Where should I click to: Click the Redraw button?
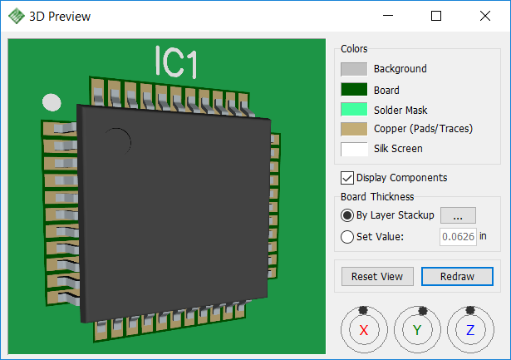pos(457,277)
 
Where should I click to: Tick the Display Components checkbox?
pos(347,178)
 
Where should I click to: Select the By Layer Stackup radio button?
pos(347,215)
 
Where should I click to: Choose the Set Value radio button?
pos(347,237)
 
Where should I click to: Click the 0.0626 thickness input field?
pos(458,236)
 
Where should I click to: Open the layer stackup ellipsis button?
pos(458,215)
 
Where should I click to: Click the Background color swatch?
pos(354,69)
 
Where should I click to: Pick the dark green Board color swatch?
pos(354,89)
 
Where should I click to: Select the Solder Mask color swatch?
pos(354,109)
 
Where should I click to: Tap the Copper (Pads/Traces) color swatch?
pos(354,129)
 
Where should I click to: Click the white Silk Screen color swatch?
pos(354,149)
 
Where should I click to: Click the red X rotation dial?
pos(364,330)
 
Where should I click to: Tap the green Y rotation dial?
pos(417,330)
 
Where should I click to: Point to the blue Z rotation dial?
pos(470,330)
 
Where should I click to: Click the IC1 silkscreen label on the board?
pos(176,62)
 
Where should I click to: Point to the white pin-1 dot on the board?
pos(52,102)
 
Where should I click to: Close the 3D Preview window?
pos(485,16)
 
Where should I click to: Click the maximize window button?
pos(436,16)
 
